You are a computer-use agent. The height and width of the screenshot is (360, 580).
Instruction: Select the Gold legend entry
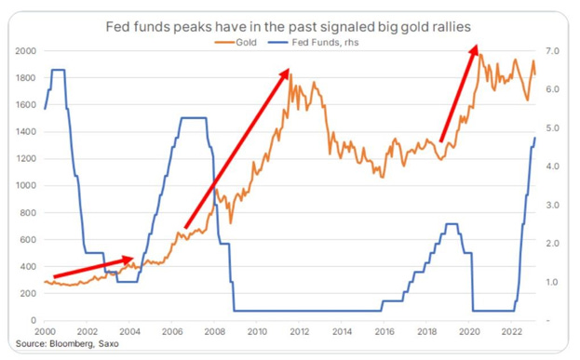[236, 43]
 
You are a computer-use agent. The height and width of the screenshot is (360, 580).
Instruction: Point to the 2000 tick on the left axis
[25, 51]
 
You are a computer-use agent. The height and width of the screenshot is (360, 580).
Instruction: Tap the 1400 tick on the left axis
[25, 131]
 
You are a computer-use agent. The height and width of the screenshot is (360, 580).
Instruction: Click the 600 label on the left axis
[28, 239]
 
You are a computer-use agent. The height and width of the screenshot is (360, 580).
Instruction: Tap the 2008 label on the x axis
[214, 331]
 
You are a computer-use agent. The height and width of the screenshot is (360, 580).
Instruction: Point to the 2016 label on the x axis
[384, 331]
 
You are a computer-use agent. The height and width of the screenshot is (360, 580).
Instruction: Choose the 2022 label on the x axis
[511, 331]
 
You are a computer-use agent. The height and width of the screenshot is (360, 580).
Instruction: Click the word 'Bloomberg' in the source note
[72, 344]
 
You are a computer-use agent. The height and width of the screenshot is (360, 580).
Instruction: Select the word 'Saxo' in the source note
[109, 344]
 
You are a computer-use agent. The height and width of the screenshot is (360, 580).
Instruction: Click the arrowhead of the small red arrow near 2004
[128, 260]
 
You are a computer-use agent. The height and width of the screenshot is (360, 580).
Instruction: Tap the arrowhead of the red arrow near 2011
[285, 73]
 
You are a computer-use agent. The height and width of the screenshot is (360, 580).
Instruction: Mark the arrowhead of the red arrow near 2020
[474, 50]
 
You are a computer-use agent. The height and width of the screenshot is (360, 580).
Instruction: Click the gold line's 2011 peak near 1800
[290, 74]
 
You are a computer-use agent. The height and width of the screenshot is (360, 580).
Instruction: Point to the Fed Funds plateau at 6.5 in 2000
[59, 70]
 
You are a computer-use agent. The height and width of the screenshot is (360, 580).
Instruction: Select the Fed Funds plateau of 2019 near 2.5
[452, 224]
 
